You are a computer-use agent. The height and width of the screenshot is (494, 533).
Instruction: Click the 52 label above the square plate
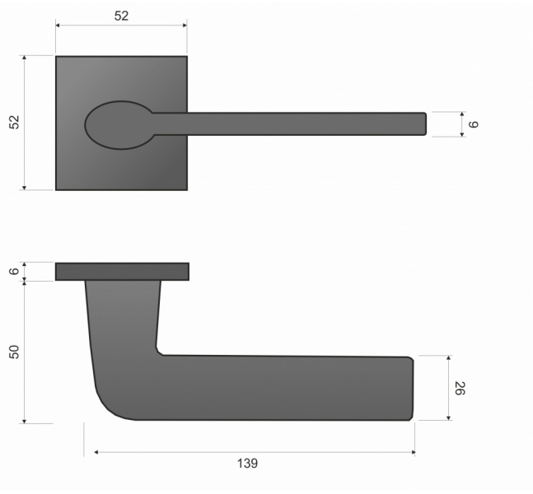point(121,16)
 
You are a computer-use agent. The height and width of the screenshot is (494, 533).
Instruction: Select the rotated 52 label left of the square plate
point(14,123)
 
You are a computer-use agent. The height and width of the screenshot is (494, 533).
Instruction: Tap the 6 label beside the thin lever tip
point(474,124)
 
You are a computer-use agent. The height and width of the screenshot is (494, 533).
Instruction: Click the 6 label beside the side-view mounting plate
point(14,271)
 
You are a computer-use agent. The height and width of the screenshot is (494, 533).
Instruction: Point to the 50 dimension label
point(14,352)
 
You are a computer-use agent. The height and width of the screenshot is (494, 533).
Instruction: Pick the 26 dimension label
point(460,389)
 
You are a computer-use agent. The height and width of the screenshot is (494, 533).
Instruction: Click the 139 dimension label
point(247,464)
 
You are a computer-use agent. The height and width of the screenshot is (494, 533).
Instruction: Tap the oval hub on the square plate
point(119,125)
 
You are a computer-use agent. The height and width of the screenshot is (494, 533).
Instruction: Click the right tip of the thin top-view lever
point(426,124)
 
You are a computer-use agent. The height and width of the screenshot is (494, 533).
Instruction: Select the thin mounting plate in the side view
point(122,272)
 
